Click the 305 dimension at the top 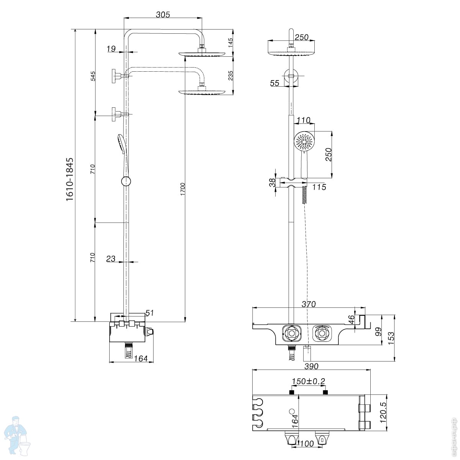coord(163,15)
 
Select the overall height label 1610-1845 coord(69,179)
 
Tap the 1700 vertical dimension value coord(183,189)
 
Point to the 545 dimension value coord(93,76)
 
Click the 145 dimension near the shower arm coord(230,42)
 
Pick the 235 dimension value coord(230,75)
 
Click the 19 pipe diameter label coord(111,49)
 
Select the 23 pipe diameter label coord(111,259)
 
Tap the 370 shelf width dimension coord(308,304)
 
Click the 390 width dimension coord(311,366)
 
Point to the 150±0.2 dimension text coord(308,381)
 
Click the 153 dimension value coord(391,339)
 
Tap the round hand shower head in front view coord(304,141)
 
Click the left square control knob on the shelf coord(292,333)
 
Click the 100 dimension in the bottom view coord(306,444)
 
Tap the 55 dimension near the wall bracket coord(274,83)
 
